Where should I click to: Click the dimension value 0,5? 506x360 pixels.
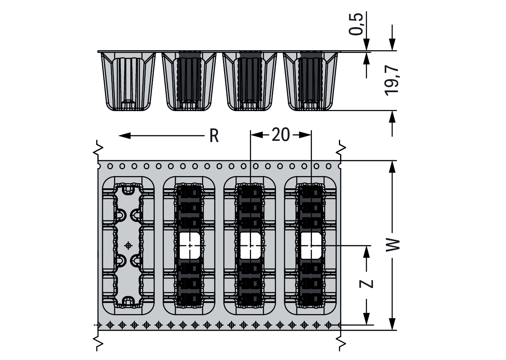click(356, 24)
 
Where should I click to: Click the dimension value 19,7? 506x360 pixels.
click(392, 81)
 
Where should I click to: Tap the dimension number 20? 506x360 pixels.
click(281, 135)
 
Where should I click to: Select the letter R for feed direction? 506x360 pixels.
click(214, 136)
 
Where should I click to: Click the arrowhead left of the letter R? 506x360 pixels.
click(124, 136)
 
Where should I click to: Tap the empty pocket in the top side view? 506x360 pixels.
click(128, 81)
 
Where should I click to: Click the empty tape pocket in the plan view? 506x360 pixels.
click(128, 246)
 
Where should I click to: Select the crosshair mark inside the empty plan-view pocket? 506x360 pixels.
click(128, 245)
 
